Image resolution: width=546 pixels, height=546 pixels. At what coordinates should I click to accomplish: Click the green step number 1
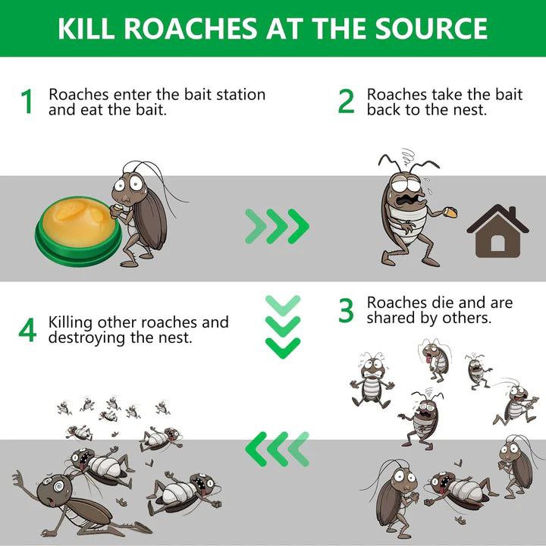coord(27,102)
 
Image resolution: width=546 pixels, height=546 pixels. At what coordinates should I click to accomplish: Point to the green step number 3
coord(346,310)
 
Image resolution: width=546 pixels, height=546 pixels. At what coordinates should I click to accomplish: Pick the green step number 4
coord(27,330)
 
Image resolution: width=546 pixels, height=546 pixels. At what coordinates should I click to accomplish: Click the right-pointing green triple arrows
coord(277,226)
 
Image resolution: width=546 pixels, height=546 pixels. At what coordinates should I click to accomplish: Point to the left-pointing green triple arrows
coord(277,449)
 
